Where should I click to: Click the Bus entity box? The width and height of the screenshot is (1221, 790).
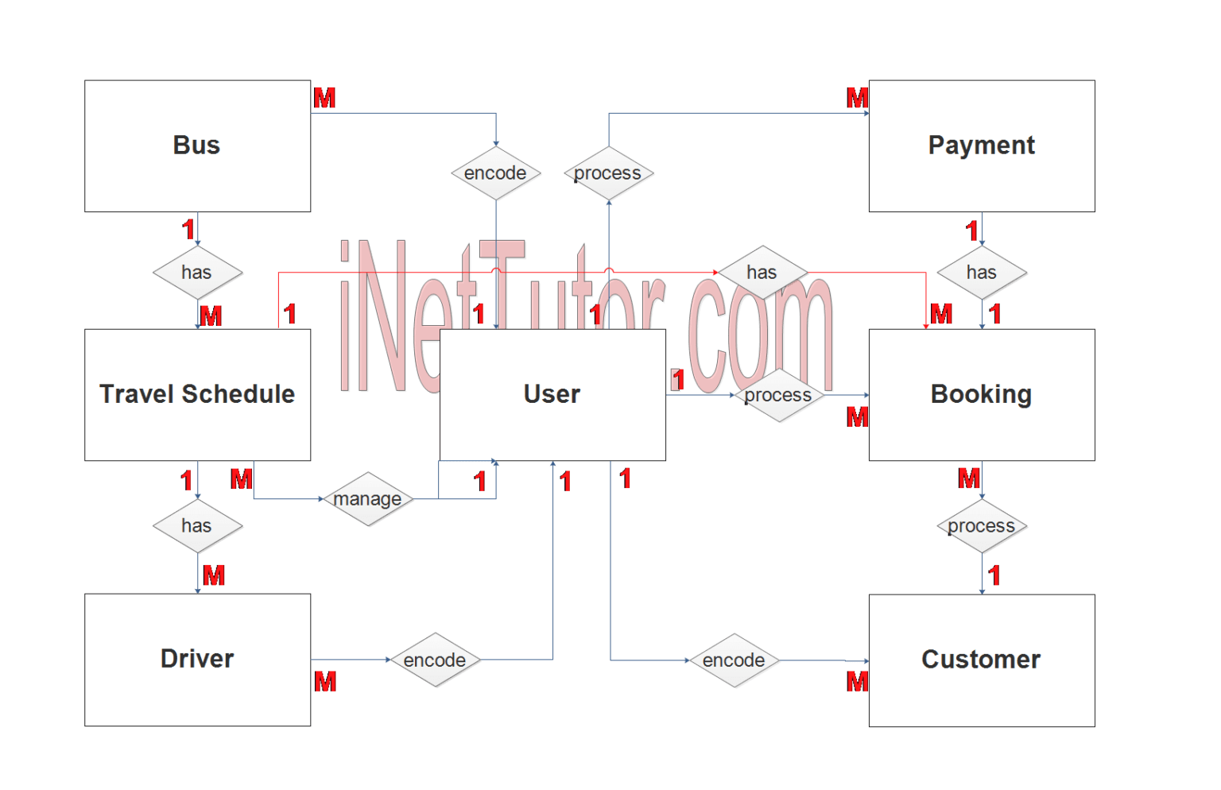tap(197, 145)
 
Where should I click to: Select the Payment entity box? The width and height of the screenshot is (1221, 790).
tap(981, 145)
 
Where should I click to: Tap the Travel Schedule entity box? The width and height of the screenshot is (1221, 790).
tap(197, 394)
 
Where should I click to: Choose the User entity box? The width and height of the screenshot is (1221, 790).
tap(552, 394)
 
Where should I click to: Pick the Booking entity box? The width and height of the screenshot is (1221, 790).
tap(981, 394)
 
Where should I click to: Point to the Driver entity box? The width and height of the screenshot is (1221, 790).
tap(197, 659)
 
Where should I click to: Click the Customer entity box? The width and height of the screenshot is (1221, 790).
tap(981, 660)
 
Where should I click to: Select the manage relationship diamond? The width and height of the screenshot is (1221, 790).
tap(368, 499)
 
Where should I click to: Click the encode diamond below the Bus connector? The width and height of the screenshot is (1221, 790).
tap(496, 173)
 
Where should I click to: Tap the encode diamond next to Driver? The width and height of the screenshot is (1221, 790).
tap(435, 660)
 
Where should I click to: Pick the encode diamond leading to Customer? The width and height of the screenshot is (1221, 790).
tap(734, 660)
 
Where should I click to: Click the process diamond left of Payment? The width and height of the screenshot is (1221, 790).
tap(608, 173)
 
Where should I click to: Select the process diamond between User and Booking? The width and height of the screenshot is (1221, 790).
tap(778, 395)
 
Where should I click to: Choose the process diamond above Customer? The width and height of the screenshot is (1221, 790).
tap(982, 526)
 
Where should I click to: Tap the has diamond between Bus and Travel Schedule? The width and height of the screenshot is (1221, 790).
tap(197, 273)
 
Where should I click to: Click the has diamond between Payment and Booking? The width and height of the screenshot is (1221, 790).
tap(982, 273)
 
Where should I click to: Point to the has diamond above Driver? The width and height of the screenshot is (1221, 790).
tap(197, 526)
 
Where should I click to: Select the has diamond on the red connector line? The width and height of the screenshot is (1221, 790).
tap(762, 273)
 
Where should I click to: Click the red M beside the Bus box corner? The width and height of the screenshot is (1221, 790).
tap(325, 98)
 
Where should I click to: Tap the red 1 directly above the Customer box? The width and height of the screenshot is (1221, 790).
tap(994, 575)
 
